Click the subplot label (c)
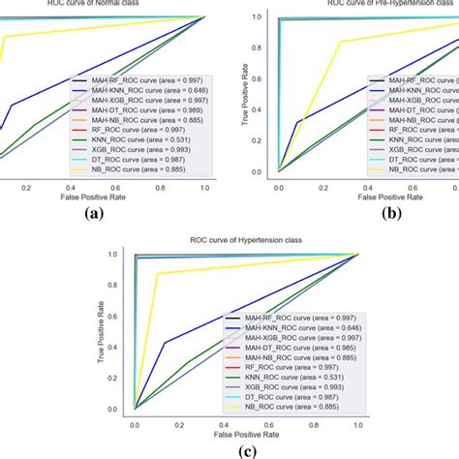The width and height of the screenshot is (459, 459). click(x=229, y=449)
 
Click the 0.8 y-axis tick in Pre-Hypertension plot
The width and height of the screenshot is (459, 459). click(x=258, y=47)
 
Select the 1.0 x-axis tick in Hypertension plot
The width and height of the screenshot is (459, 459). click(x=359, y=424)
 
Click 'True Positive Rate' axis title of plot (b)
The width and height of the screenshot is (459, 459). click(x=244, y=97)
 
